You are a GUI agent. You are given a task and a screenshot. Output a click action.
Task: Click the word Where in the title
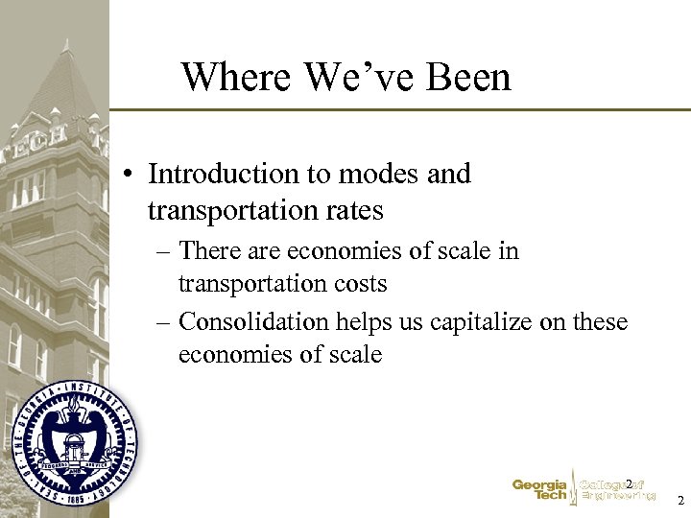click(x=228, y=77)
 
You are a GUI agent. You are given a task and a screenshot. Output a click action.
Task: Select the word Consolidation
click(x=250, y=322)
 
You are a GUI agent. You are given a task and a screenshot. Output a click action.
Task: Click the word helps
click(x=360, y=322)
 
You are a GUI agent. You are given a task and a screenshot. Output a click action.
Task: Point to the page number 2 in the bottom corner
click(x=679, y=501)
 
